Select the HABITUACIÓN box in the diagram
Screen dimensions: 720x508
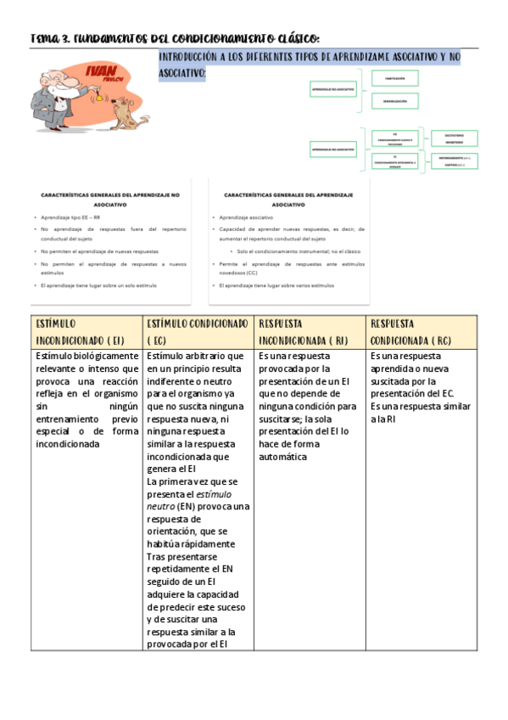[395, 78]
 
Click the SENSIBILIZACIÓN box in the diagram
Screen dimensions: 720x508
[395, 101]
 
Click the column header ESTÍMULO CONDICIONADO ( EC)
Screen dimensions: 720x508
[198, 332]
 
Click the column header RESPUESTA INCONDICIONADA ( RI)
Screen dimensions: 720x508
[310, 332]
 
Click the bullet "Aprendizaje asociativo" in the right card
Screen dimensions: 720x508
[244, 217]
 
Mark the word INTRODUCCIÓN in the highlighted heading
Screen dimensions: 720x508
[191, 57]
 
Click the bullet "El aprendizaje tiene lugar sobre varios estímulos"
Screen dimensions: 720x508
[276, 285]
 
